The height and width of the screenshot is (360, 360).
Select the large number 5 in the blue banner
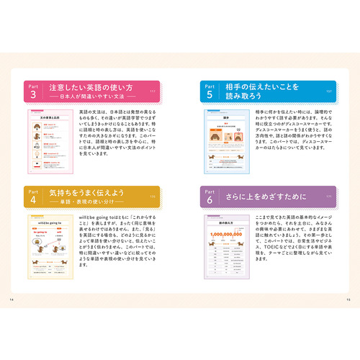[x=210, y=94]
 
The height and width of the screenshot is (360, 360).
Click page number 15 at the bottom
[x=348, y=300]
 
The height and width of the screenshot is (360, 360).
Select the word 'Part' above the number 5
[x=210, y=84]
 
